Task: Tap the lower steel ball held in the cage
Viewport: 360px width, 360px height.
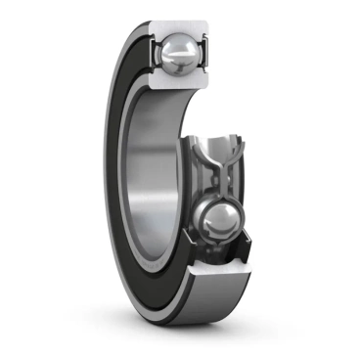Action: (221, 223)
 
